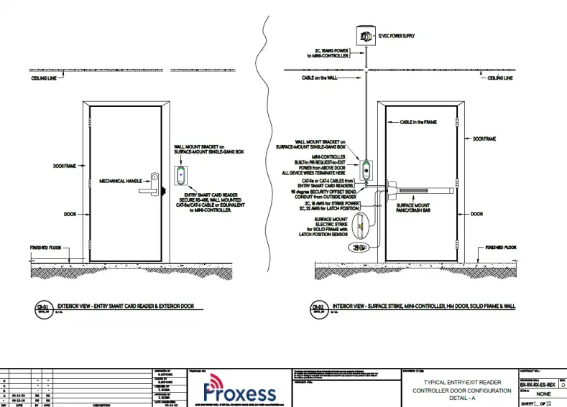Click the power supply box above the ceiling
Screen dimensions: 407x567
(x=366, y=35)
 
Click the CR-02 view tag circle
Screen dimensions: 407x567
(x=317, y=309)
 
